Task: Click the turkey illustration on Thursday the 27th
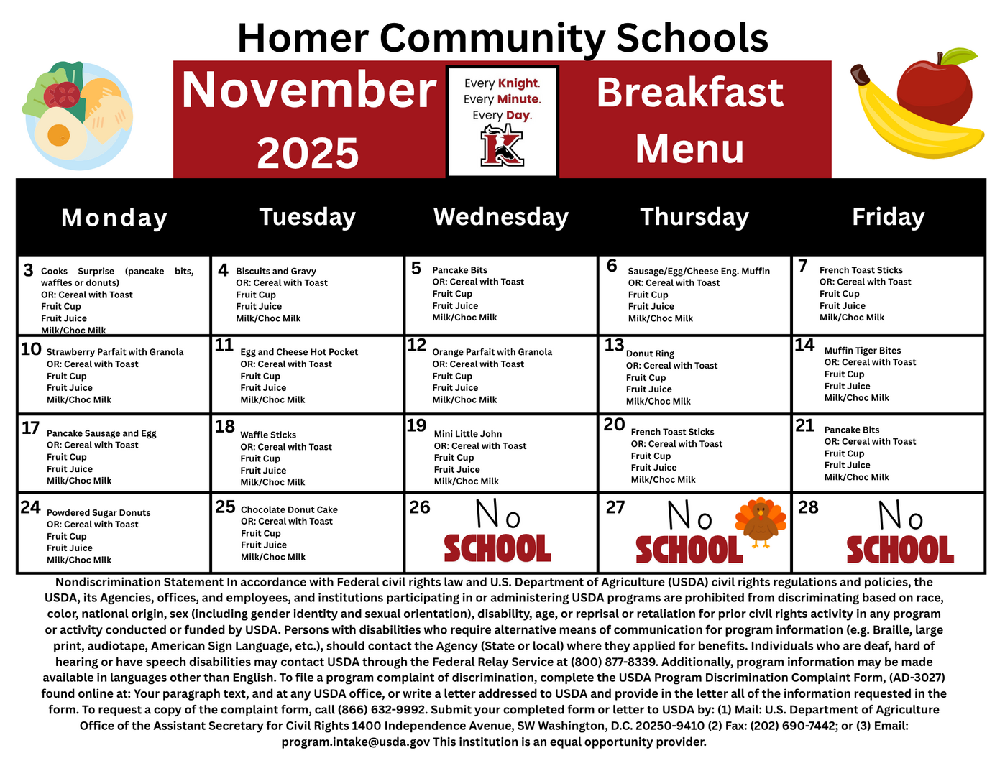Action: pyautogui.click(x=760, y=522)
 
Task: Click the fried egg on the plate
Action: pyautogui.click(x=60, y=134)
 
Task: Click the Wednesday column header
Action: pyautogui.click(x=501, y=217)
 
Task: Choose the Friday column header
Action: pyautogui.click(x=888, y=217)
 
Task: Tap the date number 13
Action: pyautogui.click(x=614, y=346)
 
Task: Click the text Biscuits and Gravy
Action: pyautogui.click(x=276, y=271)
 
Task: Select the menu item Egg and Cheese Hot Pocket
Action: pyautogui.click(x=299, y=352)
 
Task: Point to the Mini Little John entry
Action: pyautogui.click(x=468, y=434)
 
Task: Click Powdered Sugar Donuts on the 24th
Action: pyautogui.click(x=98, y=513)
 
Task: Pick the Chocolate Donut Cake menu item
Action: pyautogui.click(x=289, y=509)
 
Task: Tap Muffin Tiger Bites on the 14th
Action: pyautogui.click(x=862, y=351)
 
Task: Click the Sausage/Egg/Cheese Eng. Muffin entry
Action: pyautogui.click(x=699, y=271)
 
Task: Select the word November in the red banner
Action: pyautogui.click(x=308, y=91)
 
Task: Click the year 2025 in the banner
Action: pyautogui.click(x=308, y=154)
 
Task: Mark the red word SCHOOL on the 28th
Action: pyautogui.click(x=899, y=550)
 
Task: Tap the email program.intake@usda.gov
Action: pyautogui.click(x=356, y=742)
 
